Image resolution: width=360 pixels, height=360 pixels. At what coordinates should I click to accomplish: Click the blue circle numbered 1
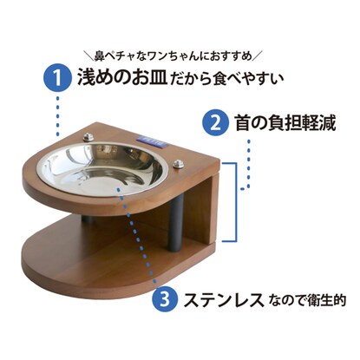click(x=58, y=77)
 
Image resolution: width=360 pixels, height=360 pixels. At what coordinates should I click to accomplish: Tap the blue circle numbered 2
click(x=215, y=123)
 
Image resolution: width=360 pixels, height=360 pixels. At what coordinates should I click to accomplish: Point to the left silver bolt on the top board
click(x=88, y=137)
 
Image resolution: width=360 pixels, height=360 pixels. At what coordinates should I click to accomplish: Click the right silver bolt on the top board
click(x=179, y=164)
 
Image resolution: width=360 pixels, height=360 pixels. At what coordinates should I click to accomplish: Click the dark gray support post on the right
click(x=176, y=221)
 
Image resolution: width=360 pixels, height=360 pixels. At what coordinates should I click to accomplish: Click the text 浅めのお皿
click(x=122, y=77)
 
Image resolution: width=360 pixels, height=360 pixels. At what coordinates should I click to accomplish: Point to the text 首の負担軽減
click(x=285, y=123)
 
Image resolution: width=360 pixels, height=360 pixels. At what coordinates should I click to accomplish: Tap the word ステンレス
click(x=224, y=299)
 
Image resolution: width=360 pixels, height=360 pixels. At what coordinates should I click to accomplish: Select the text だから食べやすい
click(x=227, y=78)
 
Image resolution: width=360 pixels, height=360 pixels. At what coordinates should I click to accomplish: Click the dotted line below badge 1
click(x=57, y=115)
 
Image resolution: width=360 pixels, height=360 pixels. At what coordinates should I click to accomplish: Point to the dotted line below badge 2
click(x=247, y=165)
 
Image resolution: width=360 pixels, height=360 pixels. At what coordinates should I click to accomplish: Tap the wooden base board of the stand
click(x=115, y=260)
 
